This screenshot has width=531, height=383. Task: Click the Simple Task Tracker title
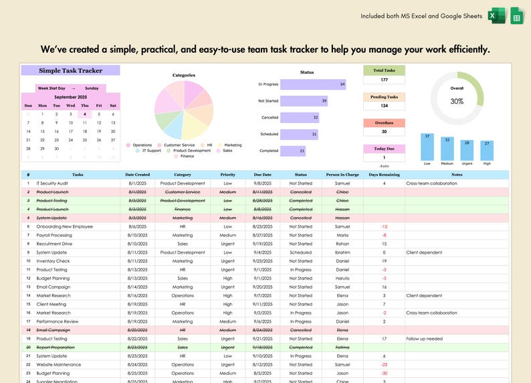click(70, 70)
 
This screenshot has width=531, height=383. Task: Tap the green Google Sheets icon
click(517, 16)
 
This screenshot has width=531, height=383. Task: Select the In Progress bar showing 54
click(313, 84)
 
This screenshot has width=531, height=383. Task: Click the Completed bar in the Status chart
click(293, 151)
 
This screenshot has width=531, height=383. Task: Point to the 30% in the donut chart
click(457, 101)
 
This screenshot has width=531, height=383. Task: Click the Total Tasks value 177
click(384, 80)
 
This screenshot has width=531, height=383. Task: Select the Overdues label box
click(384, 123)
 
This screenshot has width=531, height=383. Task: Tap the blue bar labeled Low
click(427, 146)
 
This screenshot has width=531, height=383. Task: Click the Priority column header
click(228, 174)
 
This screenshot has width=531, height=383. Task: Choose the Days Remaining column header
click(384, 174)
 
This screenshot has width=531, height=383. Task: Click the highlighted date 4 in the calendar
click(84, 114)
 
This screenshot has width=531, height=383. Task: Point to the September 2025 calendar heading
click(70, 97)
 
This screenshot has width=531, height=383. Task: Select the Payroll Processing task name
click(54, 235)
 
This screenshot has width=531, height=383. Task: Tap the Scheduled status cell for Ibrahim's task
click(300, 252)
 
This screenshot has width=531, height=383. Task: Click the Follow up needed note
click(424, 339)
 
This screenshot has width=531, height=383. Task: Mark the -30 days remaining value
click(384, 374)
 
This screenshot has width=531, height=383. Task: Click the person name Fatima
click(342, 348)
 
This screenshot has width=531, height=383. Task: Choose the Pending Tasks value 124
click(384, 106)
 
